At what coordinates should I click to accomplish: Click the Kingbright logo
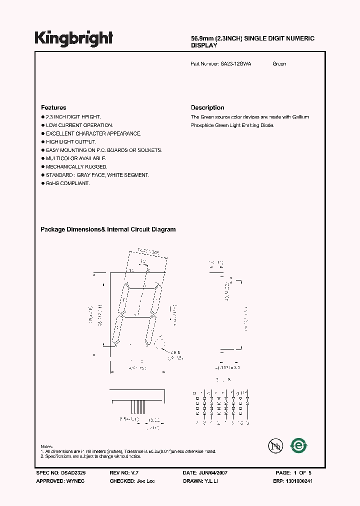click(74, 39)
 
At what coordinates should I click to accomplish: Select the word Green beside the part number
click(279, 64)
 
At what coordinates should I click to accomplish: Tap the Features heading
click(53, 107)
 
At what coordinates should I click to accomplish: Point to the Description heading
click(207, 107)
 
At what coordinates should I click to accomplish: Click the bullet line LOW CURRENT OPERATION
click(79, 125)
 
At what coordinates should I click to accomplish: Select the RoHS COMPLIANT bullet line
click(67, 183)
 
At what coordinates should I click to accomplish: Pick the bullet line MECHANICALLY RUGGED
click(76, 167)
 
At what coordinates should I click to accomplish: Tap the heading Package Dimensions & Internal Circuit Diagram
click(108, 229)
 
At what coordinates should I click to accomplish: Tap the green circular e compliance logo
click(299, 444)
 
